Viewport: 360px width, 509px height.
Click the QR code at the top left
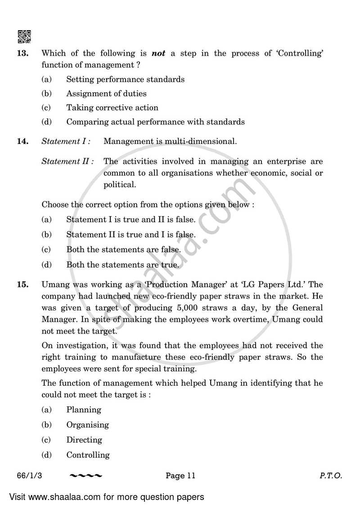tap(24, 36)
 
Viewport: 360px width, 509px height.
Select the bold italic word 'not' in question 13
tap(158, 54)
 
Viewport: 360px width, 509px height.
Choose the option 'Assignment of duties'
tap(106, 94)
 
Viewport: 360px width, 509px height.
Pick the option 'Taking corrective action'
tap(112, 108)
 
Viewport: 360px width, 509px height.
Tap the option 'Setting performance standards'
tap(125, 79)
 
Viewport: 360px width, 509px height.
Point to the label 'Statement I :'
tap(66, 141)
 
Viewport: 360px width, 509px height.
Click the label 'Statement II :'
tap(67, 161)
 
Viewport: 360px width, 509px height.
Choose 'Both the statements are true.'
tap(122, 265)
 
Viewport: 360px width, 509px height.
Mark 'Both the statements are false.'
tap(123, 249)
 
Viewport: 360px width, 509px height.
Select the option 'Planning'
tap(84, 410)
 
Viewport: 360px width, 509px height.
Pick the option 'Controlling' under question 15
tap(88, 455)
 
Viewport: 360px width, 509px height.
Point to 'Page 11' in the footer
tap(180, 476)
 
